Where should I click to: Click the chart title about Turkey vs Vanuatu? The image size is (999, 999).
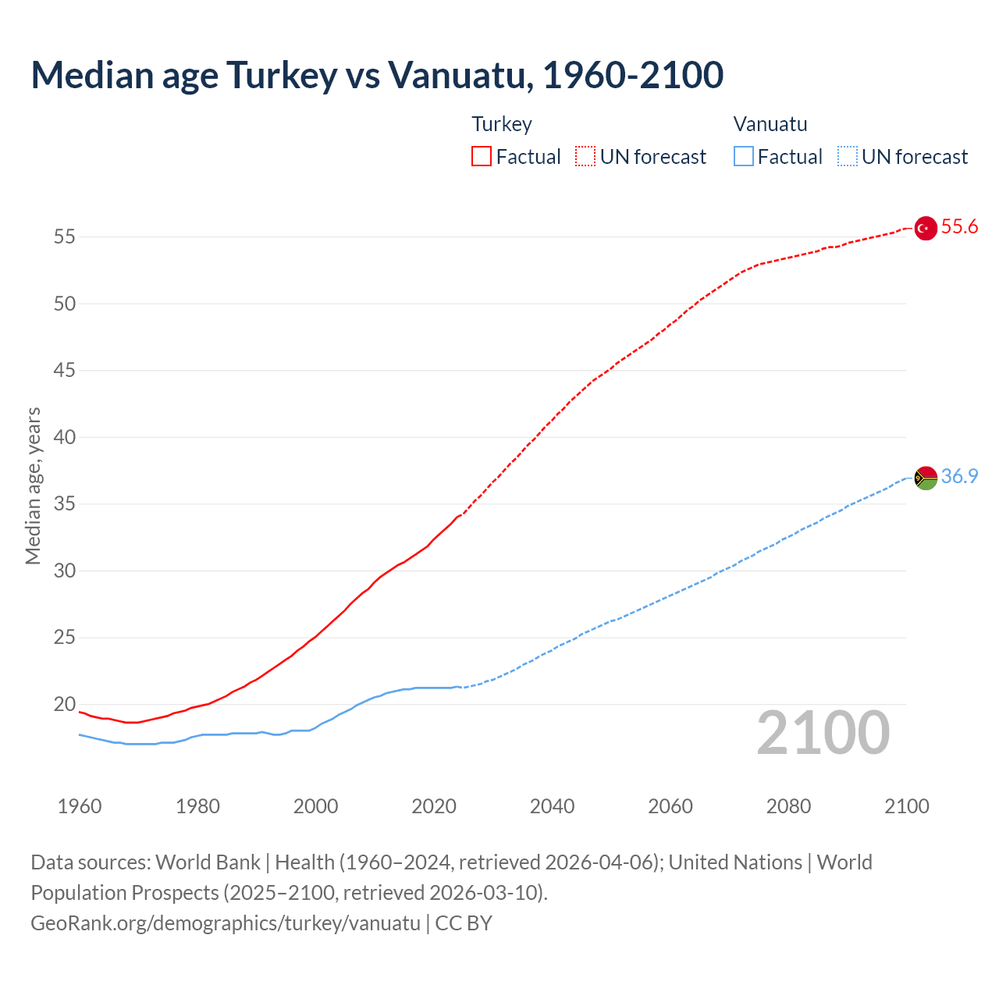click(x=377, y=75)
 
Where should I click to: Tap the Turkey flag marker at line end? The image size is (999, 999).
click(x=926, y=228)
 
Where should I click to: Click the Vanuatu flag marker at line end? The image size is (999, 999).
click(x=926, y=478)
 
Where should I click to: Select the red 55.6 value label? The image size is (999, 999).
click(x=959, y=227)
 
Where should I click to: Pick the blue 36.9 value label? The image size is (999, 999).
click(x=959, y=477)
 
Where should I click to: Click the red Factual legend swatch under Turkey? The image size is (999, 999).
click(x=482, y=156)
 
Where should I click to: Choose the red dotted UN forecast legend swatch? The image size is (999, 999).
click(x=585, y=156)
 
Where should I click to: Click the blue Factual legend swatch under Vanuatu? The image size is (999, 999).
click(x=744, y=156)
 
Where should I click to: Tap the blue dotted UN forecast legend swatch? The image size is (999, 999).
click(x=847, y=156)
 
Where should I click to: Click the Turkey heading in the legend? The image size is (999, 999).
click(x=502, y=124)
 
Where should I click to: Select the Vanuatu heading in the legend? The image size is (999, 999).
click(x=770, y=124)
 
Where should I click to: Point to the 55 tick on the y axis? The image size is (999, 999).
click(x=65, y=236)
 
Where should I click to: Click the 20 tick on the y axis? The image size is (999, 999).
click(x=65, y=704)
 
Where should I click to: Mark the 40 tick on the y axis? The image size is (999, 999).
click(x=65, y=437)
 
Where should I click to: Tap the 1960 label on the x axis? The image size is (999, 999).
click(x=80, y=806)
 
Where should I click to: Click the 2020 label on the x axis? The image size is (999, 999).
click(x=434, y=806)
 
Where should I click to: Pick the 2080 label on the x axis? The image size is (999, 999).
click(x=788, y=806)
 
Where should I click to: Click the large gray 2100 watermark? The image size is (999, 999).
click(x=823, y=733)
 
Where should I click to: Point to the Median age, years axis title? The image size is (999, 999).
click(x=33, y=485)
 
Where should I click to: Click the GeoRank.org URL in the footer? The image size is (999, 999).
click(x=226, y=923)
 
